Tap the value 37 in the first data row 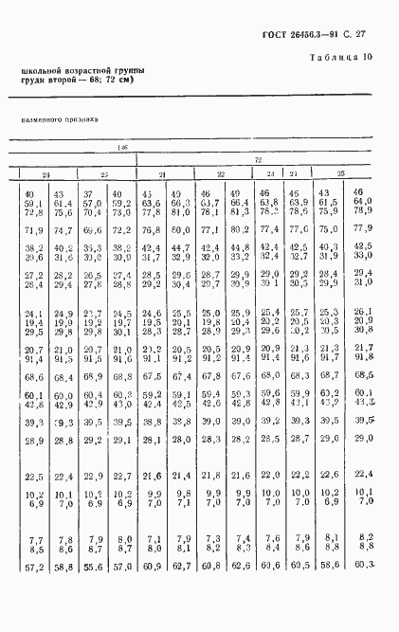pyautogui.click(x=93, y=193)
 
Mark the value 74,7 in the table pyautogui.click(x=63, y=229)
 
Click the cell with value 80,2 pyautogui.click(x=239, y=229)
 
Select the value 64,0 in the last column pyautogui.click(x=363, y=201)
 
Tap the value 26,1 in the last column pyautogui.click(x=363, y=314)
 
